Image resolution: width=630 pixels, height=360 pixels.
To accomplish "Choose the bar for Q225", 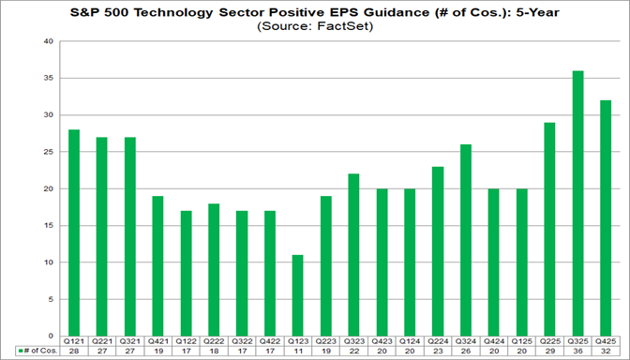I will (551, 229).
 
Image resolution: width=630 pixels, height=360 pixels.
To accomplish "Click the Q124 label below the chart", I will (411, 342).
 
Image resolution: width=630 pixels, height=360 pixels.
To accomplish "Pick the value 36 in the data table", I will (579, 352).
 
